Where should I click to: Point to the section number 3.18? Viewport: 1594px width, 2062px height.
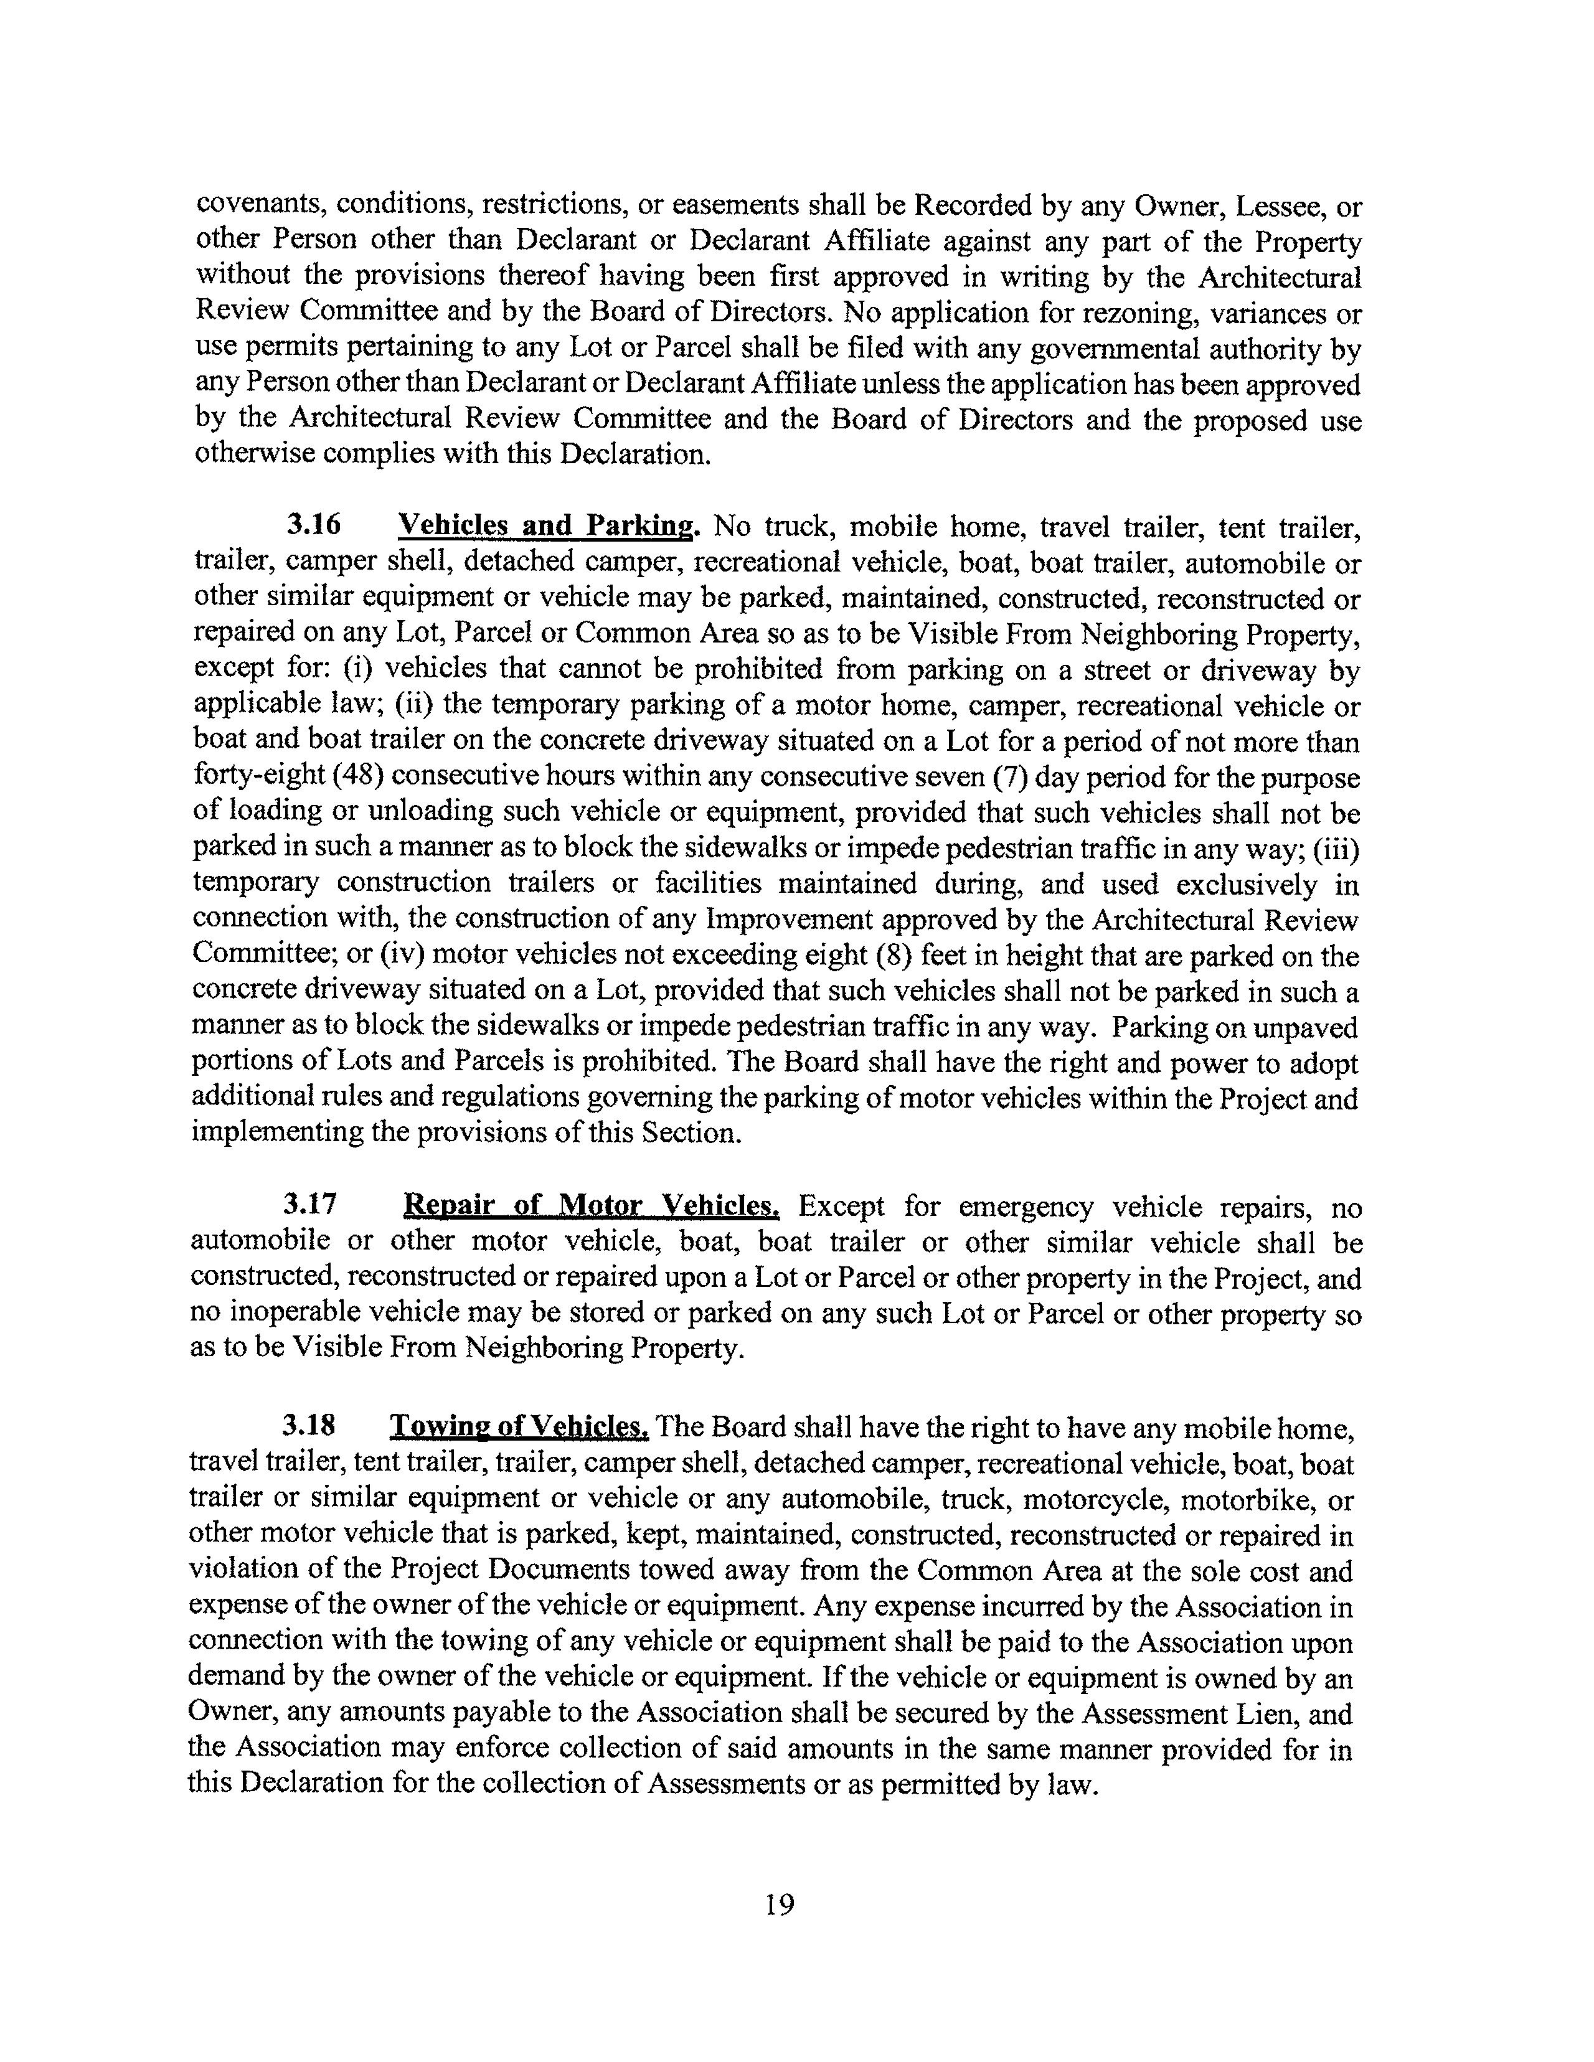point(309,1424)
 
